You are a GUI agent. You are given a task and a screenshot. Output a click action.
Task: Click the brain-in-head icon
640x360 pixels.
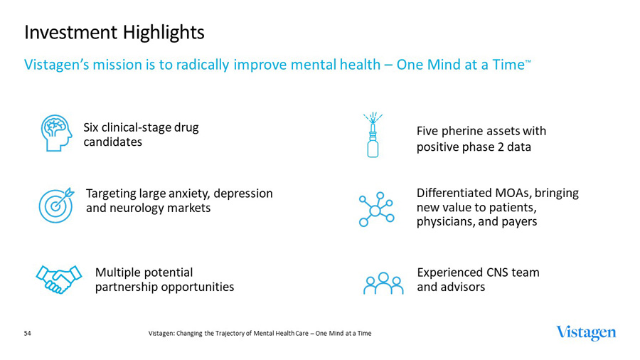(56, 132)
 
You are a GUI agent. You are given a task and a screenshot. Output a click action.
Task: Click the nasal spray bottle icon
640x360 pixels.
(373, 135)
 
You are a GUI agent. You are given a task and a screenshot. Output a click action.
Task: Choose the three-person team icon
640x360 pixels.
(383, 283)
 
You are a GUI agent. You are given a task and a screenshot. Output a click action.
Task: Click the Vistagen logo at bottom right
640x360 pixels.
(586, 333)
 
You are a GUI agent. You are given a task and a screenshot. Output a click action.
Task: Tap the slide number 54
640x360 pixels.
(28, 333)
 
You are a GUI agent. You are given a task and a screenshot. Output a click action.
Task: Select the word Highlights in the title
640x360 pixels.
(162, 32)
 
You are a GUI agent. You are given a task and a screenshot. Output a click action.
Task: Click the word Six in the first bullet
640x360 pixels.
(93, 127)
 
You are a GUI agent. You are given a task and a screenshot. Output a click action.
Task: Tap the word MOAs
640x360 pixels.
(510, 193)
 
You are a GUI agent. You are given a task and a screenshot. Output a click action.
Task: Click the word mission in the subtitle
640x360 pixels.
(112, 65)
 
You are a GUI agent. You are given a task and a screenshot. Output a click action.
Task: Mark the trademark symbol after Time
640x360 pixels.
(528, 61)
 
